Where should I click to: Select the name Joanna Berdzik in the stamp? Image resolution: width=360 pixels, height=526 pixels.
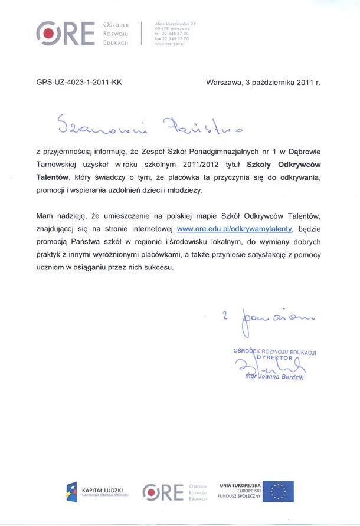(x=281, y=377)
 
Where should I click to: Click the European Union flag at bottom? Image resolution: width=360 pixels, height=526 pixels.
(x=279, y=491)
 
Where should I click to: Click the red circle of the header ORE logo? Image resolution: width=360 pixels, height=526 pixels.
(x=48, y=32)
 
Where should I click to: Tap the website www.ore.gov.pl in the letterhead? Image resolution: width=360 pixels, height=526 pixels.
(x=170, y=43)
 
